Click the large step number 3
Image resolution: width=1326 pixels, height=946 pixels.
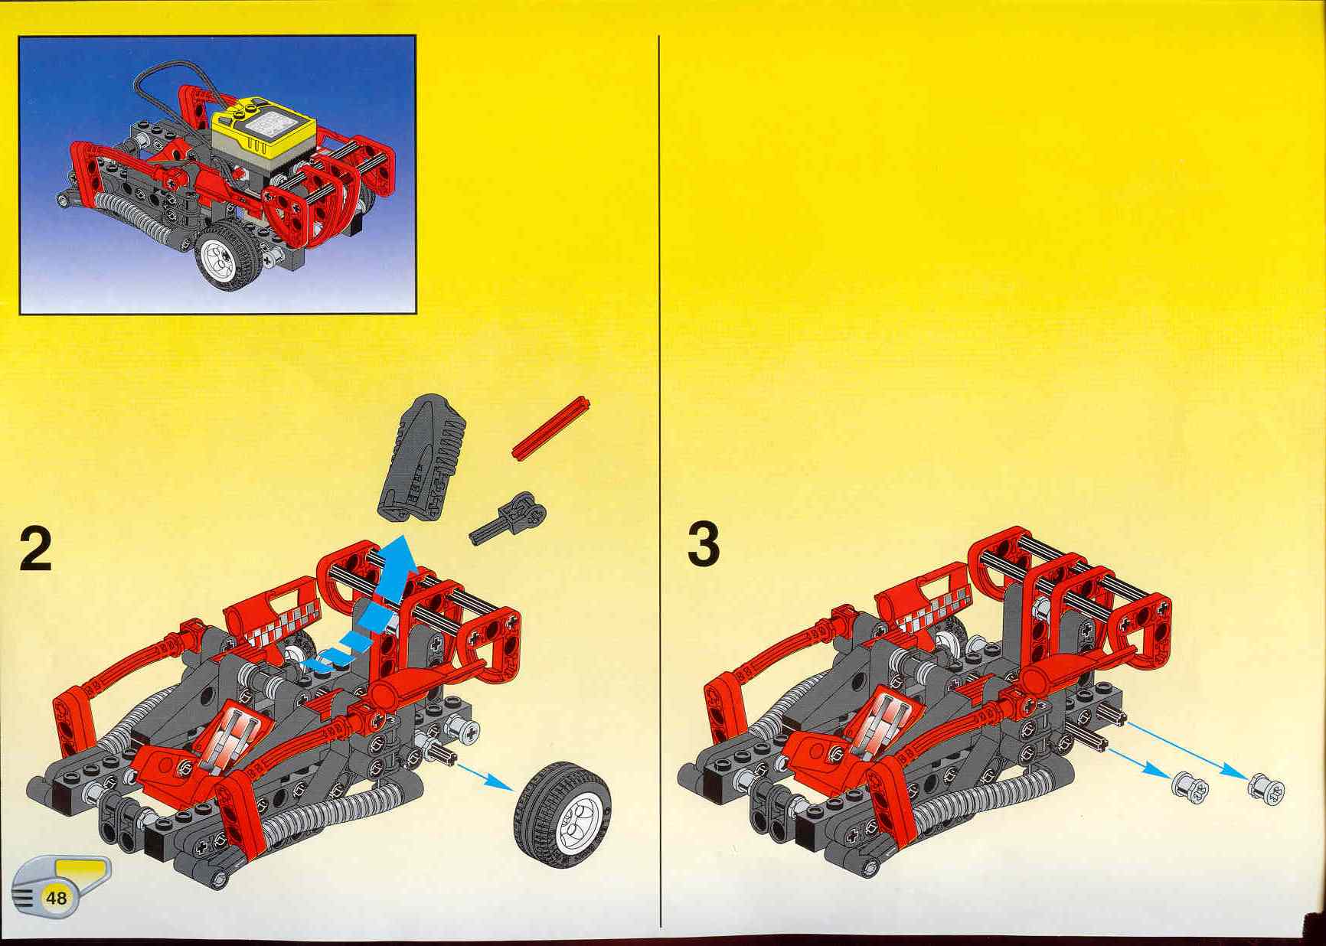click(704, 545)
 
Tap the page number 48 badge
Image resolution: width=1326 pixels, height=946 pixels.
click(57, 897)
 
